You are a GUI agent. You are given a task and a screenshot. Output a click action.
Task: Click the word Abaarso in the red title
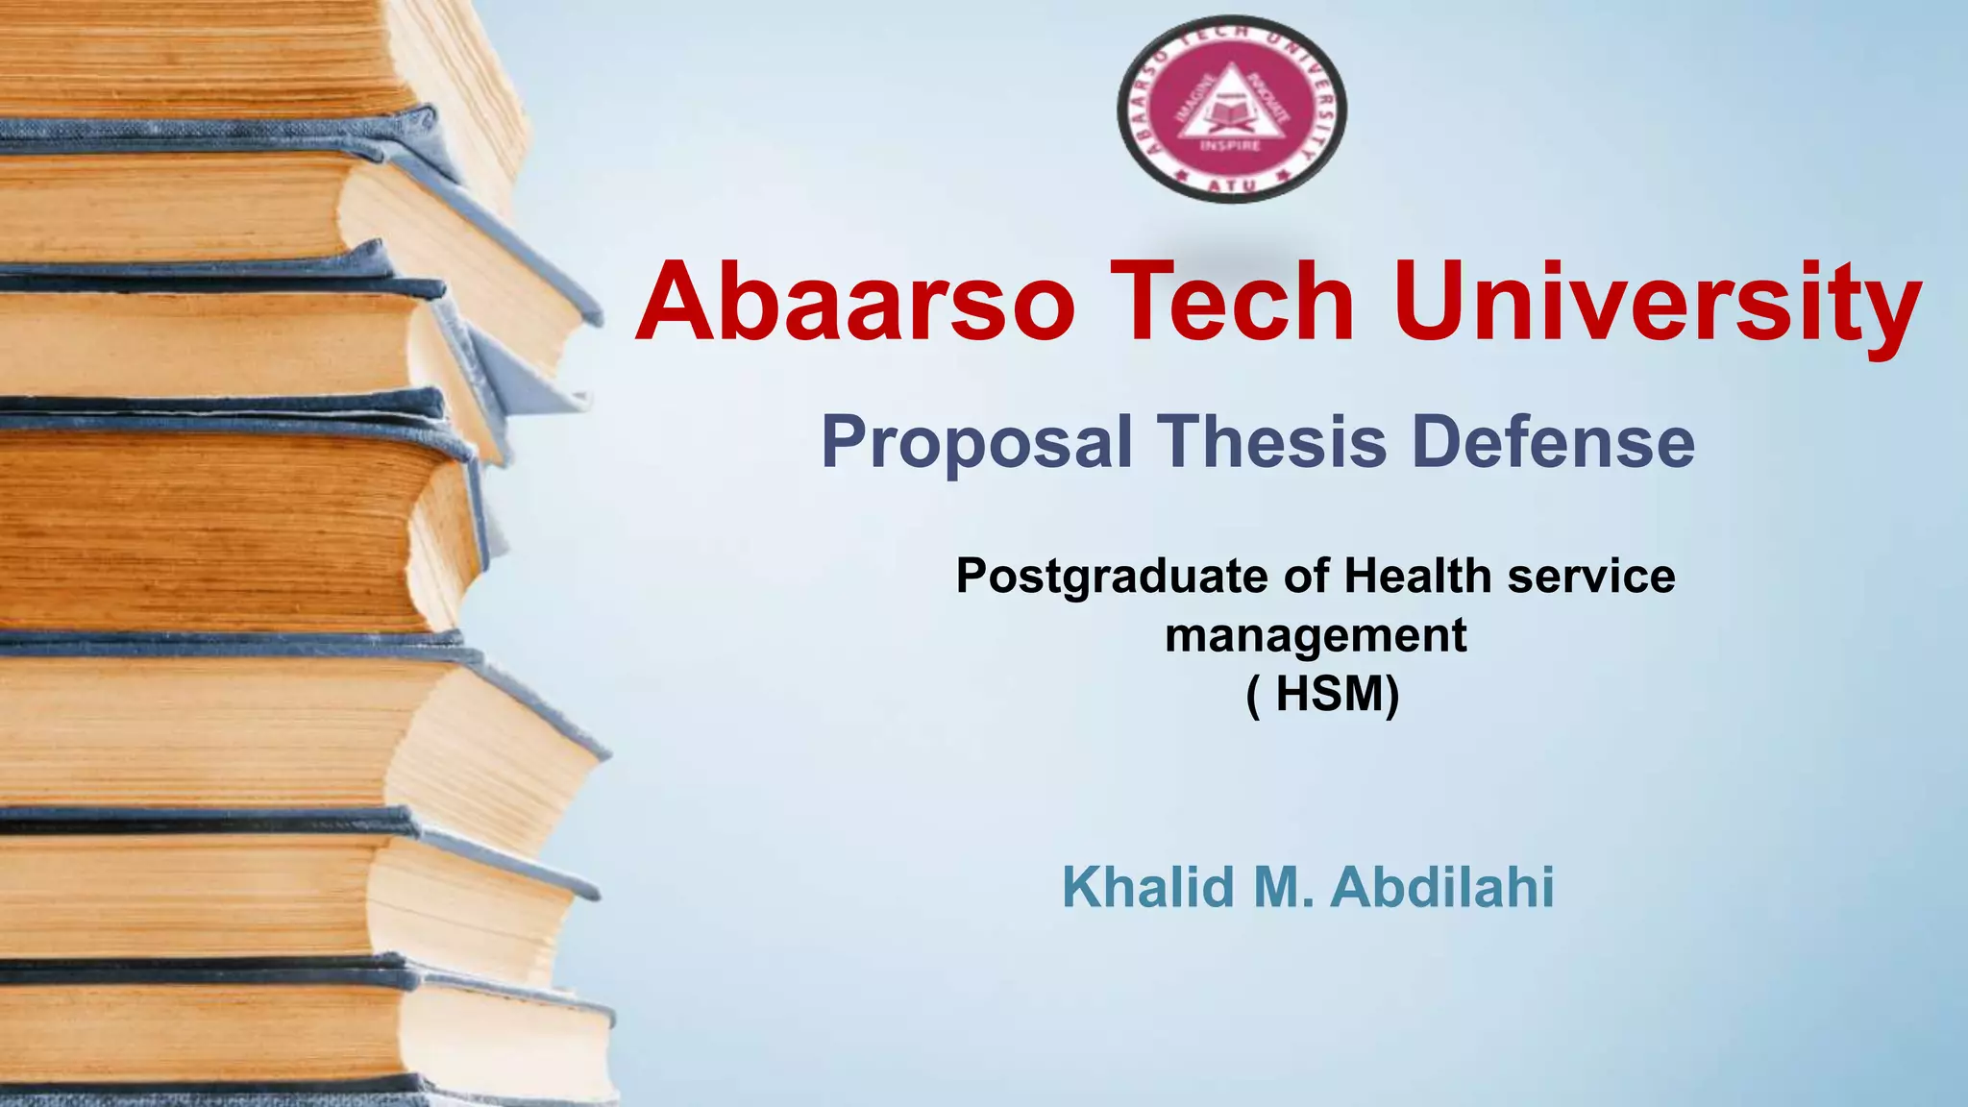854,302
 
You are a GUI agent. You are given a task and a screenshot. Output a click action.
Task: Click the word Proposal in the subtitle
976,443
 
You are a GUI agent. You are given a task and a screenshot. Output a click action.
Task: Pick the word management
1316,636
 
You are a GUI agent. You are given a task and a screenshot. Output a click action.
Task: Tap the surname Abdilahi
1442,886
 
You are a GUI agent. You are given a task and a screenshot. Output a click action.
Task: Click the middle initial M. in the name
1283,886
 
